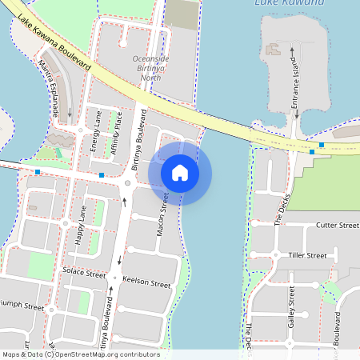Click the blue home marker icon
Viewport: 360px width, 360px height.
click(180, 173)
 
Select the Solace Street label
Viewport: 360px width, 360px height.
click(84, 273)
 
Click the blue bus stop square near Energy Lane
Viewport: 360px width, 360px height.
click(102, 174)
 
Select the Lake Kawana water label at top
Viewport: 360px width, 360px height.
click(289, 3)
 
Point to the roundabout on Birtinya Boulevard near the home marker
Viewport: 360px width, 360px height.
click(126, 183)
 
